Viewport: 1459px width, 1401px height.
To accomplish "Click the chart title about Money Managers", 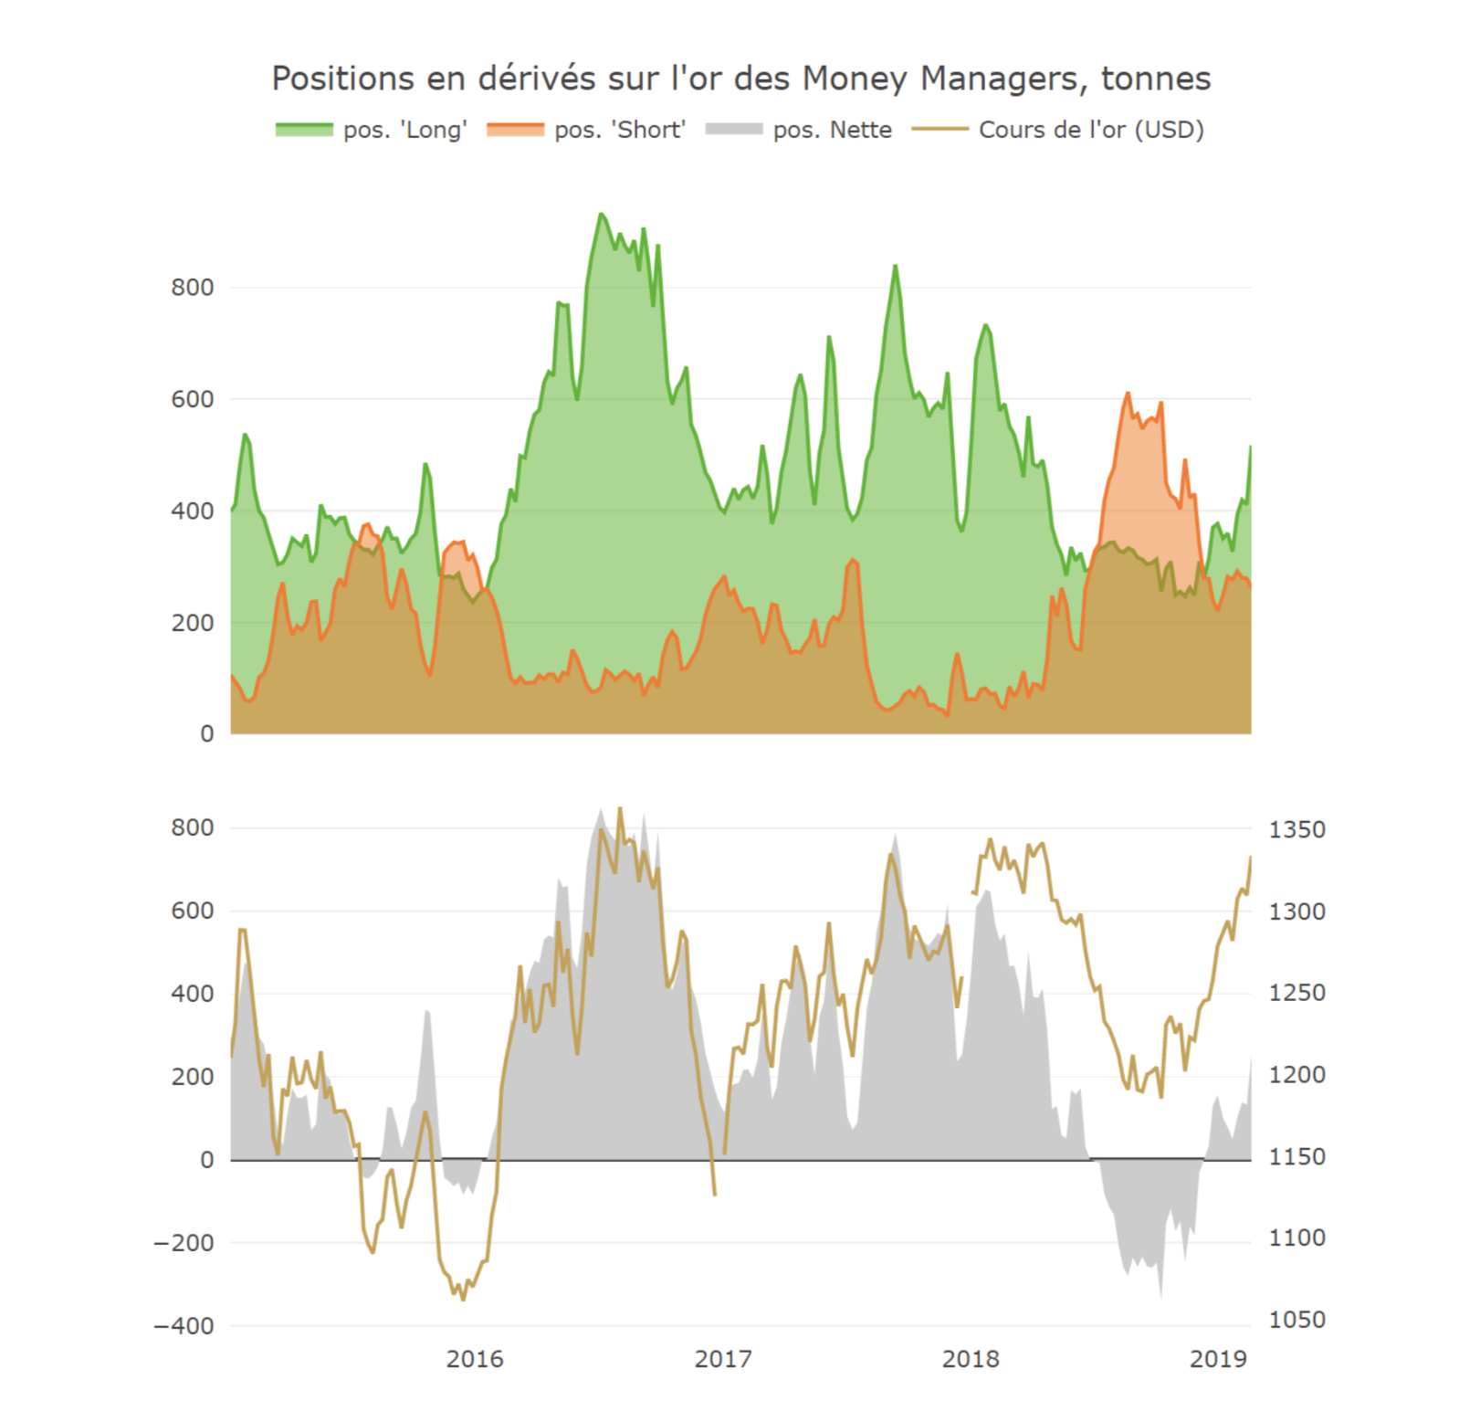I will (740, 79).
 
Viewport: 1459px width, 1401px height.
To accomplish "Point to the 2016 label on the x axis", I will (474, 1359).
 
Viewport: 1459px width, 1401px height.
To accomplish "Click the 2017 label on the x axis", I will (722, 1359).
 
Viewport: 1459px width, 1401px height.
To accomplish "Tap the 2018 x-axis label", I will (971, 1359).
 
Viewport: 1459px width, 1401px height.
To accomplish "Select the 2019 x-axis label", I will (1218, 1359).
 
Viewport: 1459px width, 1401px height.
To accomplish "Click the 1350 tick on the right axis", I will (1296, 829).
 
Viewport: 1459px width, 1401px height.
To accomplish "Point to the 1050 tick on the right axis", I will (1296, 1319).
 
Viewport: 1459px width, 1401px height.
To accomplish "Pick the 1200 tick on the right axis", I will (1296, 1074).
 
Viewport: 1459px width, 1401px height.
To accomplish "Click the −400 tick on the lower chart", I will (184, 1325).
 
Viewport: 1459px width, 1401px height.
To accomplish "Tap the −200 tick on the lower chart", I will (184, 1242).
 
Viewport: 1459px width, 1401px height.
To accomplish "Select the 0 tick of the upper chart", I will (207, 733).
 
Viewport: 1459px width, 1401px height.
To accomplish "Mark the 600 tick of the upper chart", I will (192, 399).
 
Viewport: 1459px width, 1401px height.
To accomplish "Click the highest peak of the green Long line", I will (601, 214).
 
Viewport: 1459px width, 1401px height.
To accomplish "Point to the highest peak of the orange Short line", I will (1128, 394).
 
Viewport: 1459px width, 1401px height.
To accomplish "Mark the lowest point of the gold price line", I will (463, 1299).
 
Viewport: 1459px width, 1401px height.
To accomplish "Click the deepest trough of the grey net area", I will (1160, 1297).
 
